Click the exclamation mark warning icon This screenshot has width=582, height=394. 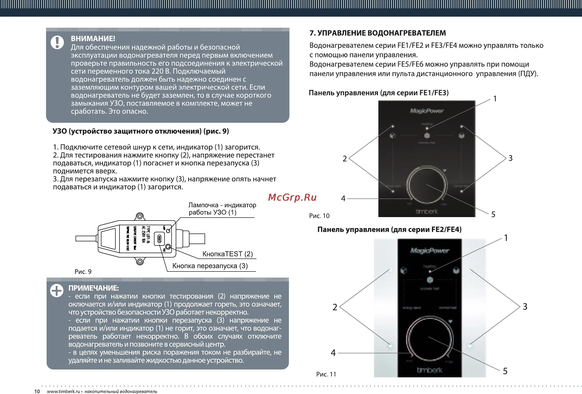click(57, 42)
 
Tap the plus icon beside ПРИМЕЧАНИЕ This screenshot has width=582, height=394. click(57, 291)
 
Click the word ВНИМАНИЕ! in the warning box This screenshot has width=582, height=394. click(93, 39)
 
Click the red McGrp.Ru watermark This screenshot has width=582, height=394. click(292, 197)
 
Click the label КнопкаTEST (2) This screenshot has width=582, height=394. click(227, 254)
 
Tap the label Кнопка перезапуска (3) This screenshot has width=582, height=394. click(210, 266)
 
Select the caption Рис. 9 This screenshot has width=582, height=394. click(83, 271)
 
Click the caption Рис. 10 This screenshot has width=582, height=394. click(319, 216)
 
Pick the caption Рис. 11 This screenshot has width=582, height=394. click(326, 374)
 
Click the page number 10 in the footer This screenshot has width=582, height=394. click(37, 392)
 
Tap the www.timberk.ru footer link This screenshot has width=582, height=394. click(63, 392)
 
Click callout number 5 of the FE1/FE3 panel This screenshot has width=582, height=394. click(493, 215)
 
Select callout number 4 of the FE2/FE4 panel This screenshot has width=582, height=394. click(333, 353)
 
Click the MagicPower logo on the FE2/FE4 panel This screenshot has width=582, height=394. click(430, 250)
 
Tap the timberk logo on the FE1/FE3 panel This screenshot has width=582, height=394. click(427, 211)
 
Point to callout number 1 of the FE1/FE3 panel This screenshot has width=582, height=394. click(495, 99)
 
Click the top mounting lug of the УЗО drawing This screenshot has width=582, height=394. click(140, 216)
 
